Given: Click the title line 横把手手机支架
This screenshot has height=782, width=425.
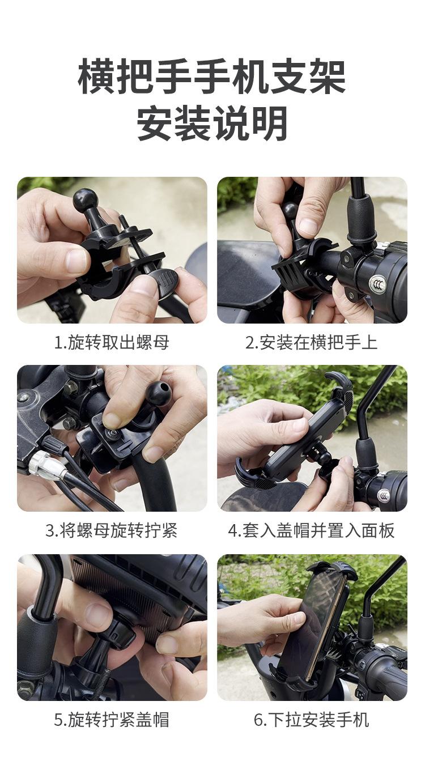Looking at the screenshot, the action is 211,76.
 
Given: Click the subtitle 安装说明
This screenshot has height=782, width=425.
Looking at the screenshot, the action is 212,123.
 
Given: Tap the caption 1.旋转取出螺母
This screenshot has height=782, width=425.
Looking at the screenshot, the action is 112,342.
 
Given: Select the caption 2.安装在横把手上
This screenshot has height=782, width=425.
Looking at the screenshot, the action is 312,342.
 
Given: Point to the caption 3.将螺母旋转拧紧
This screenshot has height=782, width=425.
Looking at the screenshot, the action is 112,530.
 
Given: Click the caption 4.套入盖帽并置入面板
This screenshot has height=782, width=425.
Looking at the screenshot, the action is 312,530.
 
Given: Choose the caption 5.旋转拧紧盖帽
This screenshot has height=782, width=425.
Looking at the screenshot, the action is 112,720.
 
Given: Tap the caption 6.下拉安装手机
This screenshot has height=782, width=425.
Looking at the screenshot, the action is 312,720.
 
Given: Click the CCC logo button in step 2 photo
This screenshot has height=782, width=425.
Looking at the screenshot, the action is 378,284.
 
